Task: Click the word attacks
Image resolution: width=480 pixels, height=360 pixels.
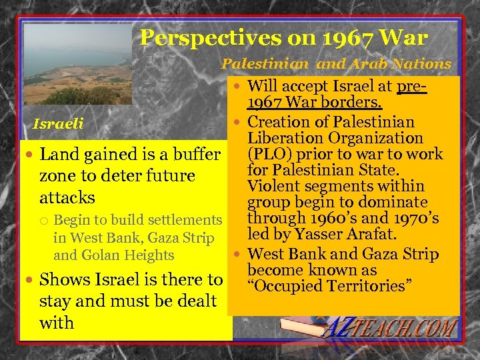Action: (67, 198)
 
